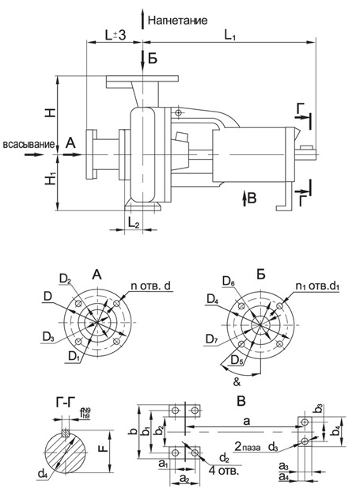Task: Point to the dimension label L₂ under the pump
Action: [x=133, y=226]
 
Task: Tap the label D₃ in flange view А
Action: [x=47, y=338]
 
